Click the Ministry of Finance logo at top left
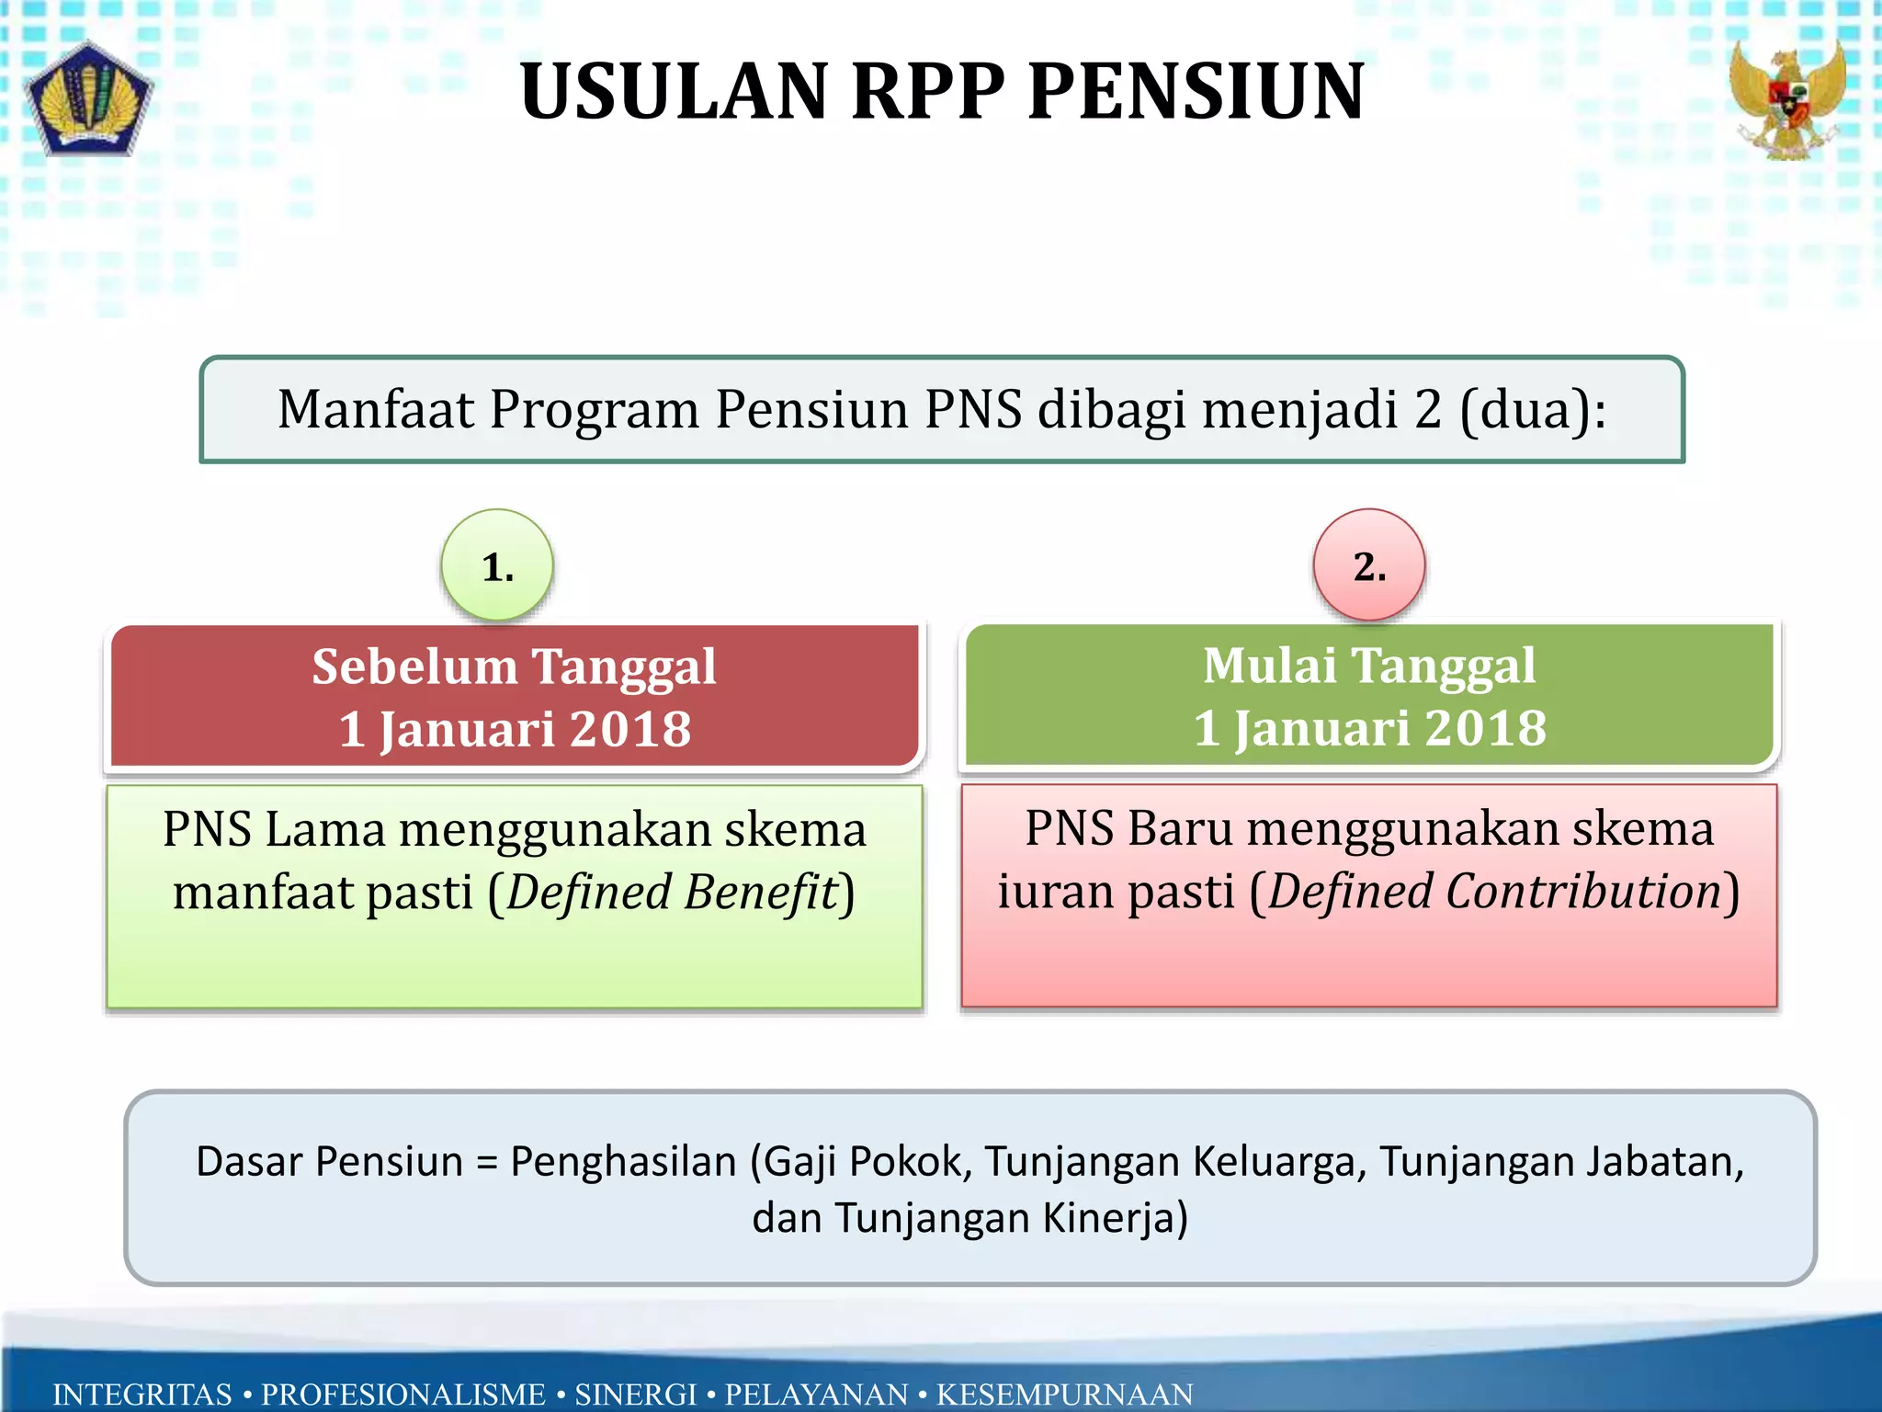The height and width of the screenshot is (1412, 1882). (x=89, y=99)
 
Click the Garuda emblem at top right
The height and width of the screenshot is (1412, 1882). (x=1787, y=99)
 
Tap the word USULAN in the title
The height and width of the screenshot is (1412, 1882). (x=675, y=92)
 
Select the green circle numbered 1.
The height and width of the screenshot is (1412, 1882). (x=497, y=565)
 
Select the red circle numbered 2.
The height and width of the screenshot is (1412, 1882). (x=1369, y=565)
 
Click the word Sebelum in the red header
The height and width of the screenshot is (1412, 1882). (x=414, y=666)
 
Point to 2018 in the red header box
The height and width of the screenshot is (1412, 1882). (x=630, y=730)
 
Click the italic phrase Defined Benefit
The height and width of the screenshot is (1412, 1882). (x=673, y=893)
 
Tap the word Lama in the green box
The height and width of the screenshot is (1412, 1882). (x=325, y=830)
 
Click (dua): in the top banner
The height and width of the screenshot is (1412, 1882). (x=1533, y=410)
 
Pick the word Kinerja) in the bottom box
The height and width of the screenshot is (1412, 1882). (x=1115, y=1219)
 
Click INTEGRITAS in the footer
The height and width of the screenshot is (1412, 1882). (x=142, y=1394)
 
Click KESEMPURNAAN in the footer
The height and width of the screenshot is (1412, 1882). (x=1064, y=1394)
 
